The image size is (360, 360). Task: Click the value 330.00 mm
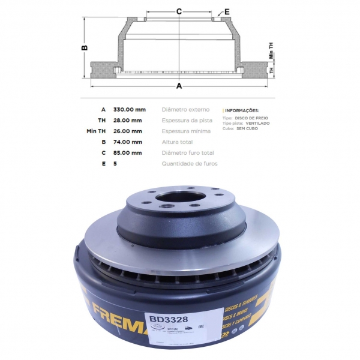tap(129, 110)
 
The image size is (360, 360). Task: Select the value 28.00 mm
tap(128, 121)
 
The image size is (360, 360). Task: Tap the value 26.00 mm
tap(128, 131)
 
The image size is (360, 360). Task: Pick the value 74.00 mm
tap(128, 142)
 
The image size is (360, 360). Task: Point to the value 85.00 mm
tap(128, 153)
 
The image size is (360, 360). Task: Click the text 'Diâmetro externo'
tap(186, 110)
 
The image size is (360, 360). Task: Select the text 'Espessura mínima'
tap(186, 131)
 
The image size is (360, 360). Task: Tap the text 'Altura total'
tap(178, 142)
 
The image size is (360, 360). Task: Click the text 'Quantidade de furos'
tap(190, 163)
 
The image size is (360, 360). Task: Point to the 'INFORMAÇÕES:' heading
tap(242, 111)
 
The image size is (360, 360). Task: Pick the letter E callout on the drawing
tap(226, 11)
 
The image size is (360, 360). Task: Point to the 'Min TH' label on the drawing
tap(271, 55)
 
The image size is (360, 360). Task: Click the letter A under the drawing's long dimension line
tap(179, 86)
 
